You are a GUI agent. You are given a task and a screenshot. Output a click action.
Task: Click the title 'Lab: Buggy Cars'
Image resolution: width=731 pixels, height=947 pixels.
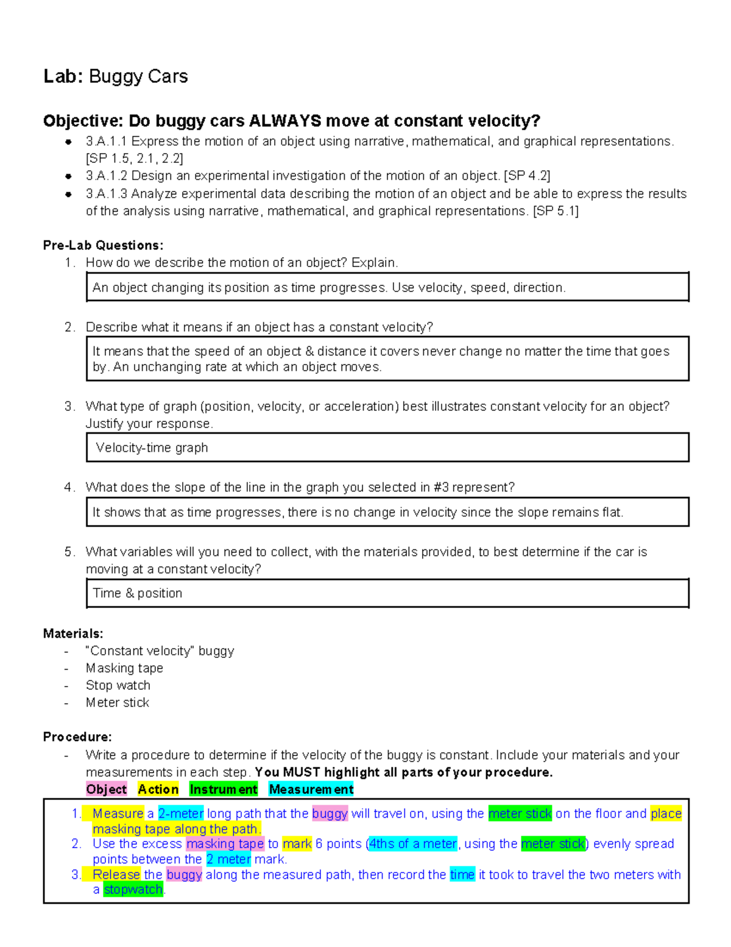(115, 76)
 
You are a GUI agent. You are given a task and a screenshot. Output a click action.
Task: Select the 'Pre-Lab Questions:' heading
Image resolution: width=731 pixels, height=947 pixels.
(103, 245)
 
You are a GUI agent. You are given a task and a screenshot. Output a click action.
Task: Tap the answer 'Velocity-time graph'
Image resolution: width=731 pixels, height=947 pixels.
(152, 448)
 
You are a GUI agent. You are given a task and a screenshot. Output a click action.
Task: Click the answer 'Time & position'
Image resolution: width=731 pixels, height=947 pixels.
(137, 593)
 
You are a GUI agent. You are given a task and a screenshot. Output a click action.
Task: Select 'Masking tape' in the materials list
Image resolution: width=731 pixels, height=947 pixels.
(124, 668)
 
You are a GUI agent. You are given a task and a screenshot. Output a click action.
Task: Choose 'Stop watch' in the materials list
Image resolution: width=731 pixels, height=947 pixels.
(118, 685)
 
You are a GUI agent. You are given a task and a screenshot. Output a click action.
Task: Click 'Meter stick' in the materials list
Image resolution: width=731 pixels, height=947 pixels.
(117, 702)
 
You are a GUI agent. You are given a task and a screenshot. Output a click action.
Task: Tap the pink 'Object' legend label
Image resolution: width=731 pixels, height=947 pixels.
(107, 789)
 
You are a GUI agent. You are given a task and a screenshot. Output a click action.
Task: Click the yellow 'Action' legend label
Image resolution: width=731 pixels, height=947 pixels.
(158, 789)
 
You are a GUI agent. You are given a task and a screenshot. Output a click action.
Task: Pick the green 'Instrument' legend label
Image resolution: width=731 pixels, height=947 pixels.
(223, 789)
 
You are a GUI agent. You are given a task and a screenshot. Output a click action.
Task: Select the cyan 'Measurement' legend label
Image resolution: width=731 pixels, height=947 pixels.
(311, 789)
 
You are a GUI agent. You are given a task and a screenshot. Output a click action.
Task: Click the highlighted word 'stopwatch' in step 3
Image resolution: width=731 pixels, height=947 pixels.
(133, 890)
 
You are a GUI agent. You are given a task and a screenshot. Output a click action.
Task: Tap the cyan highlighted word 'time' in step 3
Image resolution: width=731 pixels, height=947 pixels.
(462, 874)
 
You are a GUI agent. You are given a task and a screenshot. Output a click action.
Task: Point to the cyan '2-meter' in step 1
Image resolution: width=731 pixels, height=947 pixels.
(180, 813)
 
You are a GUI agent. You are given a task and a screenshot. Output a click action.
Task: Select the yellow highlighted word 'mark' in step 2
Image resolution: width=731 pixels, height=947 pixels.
(297, 844)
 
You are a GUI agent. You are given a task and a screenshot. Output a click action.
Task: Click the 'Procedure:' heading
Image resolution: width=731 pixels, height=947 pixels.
(77, 737)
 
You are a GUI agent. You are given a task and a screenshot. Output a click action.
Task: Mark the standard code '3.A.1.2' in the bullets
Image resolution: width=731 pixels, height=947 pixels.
(107, 176)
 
